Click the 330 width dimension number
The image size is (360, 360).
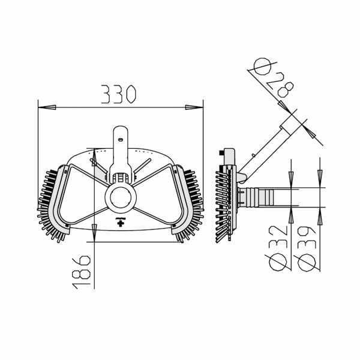coord(119,94)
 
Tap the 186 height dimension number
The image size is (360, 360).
coord(81,272)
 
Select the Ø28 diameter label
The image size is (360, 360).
coord(274,77)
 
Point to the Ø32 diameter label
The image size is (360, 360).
coord(278,248)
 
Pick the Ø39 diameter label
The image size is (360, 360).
coord(306,249)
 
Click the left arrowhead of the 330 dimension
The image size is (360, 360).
coord(47,107)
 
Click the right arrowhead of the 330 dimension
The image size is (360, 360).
coord(194,107)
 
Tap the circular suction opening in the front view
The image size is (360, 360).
coord(121,197)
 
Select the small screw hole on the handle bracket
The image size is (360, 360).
coord(120,139)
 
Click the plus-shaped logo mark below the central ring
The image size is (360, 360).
coord(121,222)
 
